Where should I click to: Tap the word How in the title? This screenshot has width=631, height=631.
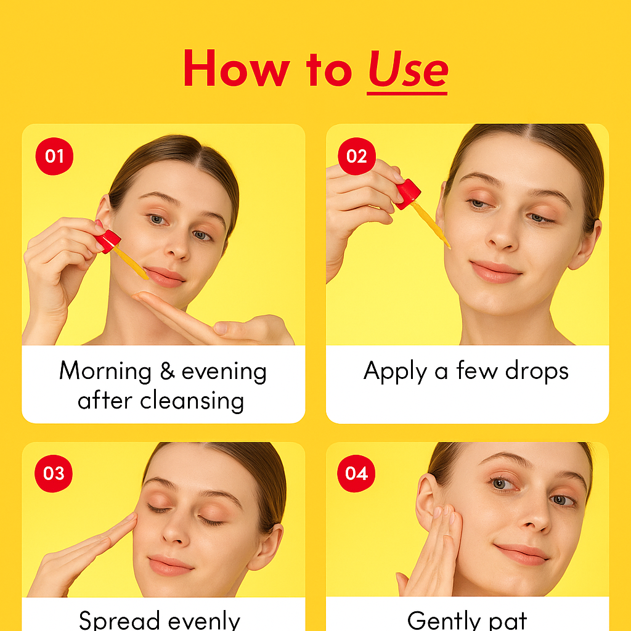[x=237, y=68]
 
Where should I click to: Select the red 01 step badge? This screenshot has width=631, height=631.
[x=54, y=156]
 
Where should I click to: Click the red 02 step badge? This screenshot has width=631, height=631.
[x=357, y=156]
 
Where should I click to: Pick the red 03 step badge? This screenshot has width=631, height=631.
[x=54, y=474]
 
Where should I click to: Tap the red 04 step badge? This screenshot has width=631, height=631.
[x=356, y=474]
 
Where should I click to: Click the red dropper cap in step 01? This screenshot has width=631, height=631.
[x=108, y=241]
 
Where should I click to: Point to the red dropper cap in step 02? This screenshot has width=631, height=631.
[x=408, y=194]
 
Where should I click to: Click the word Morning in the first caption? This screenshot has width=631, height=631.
[x=105, y=372]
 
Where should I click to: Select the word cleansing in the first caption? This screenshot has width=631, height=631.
[x=192, y=401]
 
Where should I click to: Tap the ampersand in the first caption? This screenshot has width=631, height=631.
[x=168, y=370]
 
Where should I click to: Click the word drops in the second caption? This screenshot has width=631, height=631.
[x=537, y=371]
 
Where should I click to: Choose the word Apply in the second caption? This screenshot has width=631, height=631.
[x=395, y=372]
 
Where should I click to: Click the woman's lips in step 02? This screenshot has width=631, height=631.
[x=496, y=271]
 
